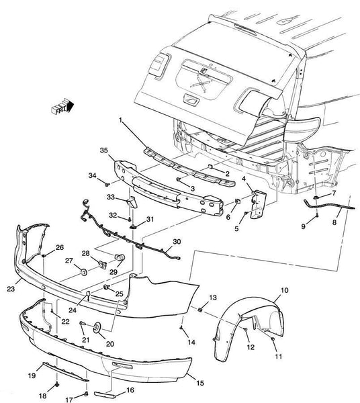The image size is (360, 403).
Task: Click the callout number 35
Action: tap(104, 150)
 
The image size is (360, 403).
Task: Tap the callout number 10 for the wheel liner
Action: tap(285, 290)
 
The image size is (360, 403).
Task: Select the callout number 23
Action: tap(11, 289)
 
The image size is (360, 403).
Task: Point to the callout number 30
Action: tap(177, 242)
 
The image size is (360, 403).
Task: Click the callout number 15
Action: tap(200, 383)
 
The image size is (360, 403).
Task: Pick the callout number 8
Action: tap(334, 222)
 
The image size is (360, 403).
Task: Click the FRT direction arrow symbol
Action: tap(62, 105)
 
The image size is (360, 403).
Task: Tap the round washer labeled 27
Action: tap(83, 272)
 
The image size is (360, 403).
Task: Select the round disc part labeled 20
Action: tap(97, 327)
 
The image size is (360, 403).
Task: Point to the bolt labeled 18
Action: tap(57, 385)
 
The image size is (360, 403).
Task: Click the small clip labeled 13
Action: tap(200, 310)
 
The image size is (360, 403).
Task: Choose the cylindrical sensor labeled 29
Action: tap(120, 257)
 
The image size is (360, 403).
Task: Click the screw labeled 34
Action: tap(107, 184)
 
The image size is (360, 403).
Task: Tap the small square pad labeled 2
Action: tap(211, 167)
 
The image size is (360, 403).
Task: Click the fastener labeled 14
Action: tap(181, 328)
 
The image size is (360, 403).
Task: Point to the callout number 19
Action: tap(32, 375)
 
